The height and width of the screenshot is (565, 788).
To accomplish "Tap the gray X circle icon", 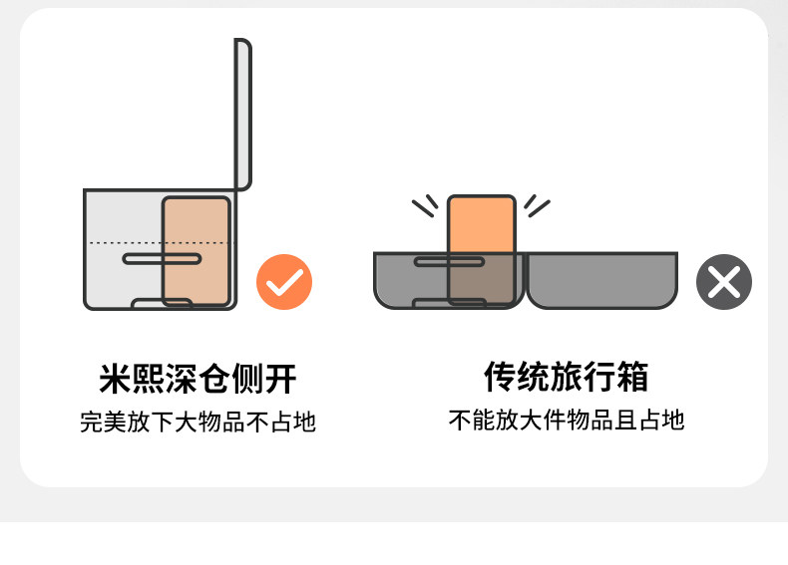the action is click(x=723, y=282).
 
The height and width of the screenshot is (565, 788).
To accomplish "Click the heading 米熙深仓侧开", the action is click(x=197, y=380).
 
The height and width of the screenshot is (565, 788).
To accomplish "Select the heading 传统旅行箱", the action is click(x=567, y=377).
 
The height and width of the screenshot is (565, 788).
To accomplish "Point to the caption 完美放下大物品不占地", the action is click(x=197, y=423).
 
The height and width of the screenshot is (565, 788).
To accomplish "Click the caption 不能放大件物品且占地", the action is click(x=567, y=420).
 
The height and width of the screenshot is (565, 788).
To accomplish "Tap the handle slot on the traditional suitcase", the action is click(x=449, y=262).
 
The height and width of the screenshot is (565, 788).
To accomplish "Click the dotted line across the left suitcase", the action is click(x=125, y=242).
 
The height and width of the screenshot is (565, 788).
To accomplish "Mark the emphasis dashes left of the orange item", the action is click(x=425, y=205).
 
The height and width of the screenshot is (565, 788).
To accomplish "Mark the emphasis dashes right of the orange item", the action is click(x=537, y=205).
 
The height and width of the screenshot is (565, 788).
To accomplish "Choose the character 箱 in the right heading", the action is click(x=632, y=377).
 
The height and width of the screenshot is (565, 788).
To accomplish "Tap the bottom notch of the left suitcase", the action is click(x=162, y=303).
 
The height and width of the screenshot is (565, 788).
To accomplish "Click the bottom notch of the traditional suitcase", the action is click(x=449, y=302).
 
